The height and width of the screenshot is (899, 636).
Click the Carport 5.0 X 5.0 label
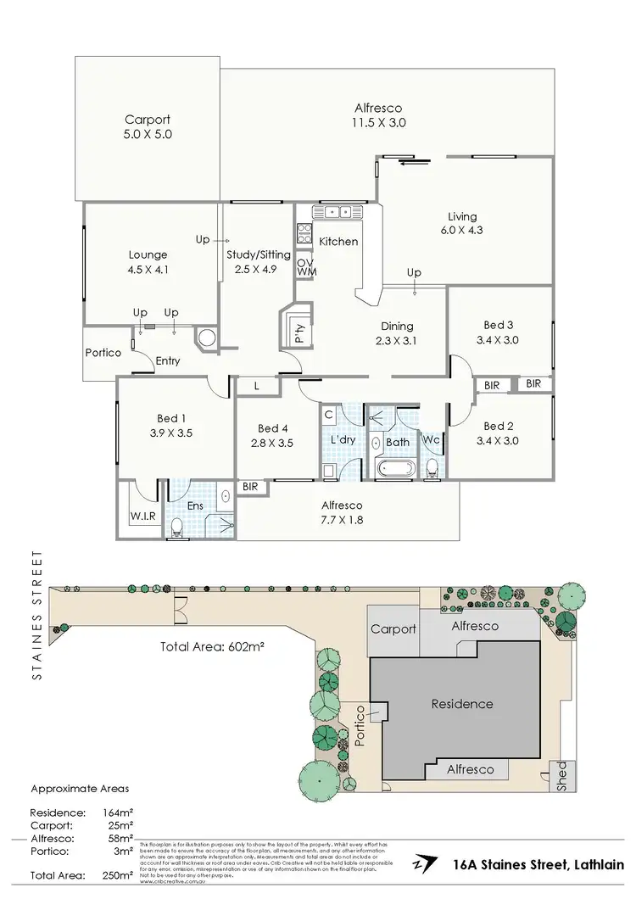(148, 126)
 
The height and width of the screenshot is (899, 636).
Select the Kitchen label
(338, 242)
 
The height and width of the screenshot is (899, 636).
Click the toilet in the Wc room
(432, 467)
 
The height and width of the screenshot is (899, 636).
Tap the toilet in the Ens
(177, 528)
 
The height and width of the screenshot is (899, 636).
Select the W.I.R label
(142, 515)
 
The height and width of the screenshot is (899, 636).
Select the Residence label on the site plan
(461, 704)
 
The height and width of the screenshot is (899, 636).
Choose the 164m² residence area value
(120, 812)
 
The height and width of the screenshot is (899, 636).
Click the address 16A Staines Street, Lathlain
(538, 864)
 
